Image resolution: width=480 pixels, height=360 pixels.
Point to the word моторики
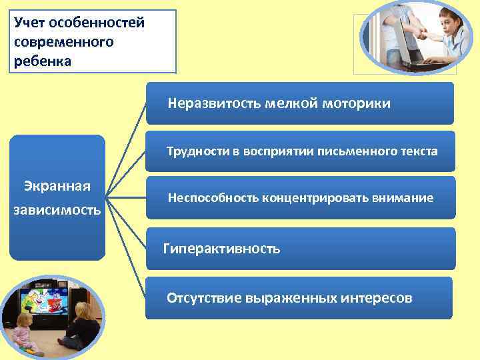pyautogui.click(x=361, y=103)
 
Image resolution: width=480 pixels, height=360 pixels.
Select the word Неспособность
pyautogui.click(x=213, y=198)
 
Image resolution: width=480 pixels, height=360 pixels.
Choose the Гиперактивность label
pyautogui.click(x=222, y=249)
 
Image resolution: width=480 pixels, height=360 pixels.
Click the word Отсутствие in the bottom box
pyautogui.click(x=203, y=298)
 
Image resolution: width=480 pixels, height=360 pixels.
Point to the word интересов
pyautogui.click(x=376, y=298)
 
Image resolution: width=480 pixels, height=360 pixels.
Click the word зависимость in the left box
pyautogui.click(x=57, y=211)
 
